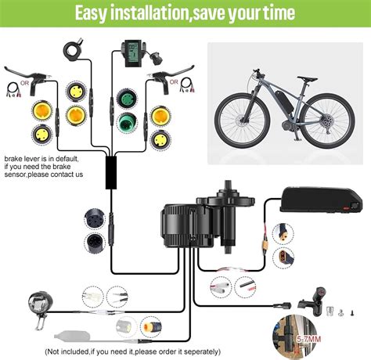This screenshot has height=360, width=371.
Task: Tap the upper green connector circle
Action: (129, 100)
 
